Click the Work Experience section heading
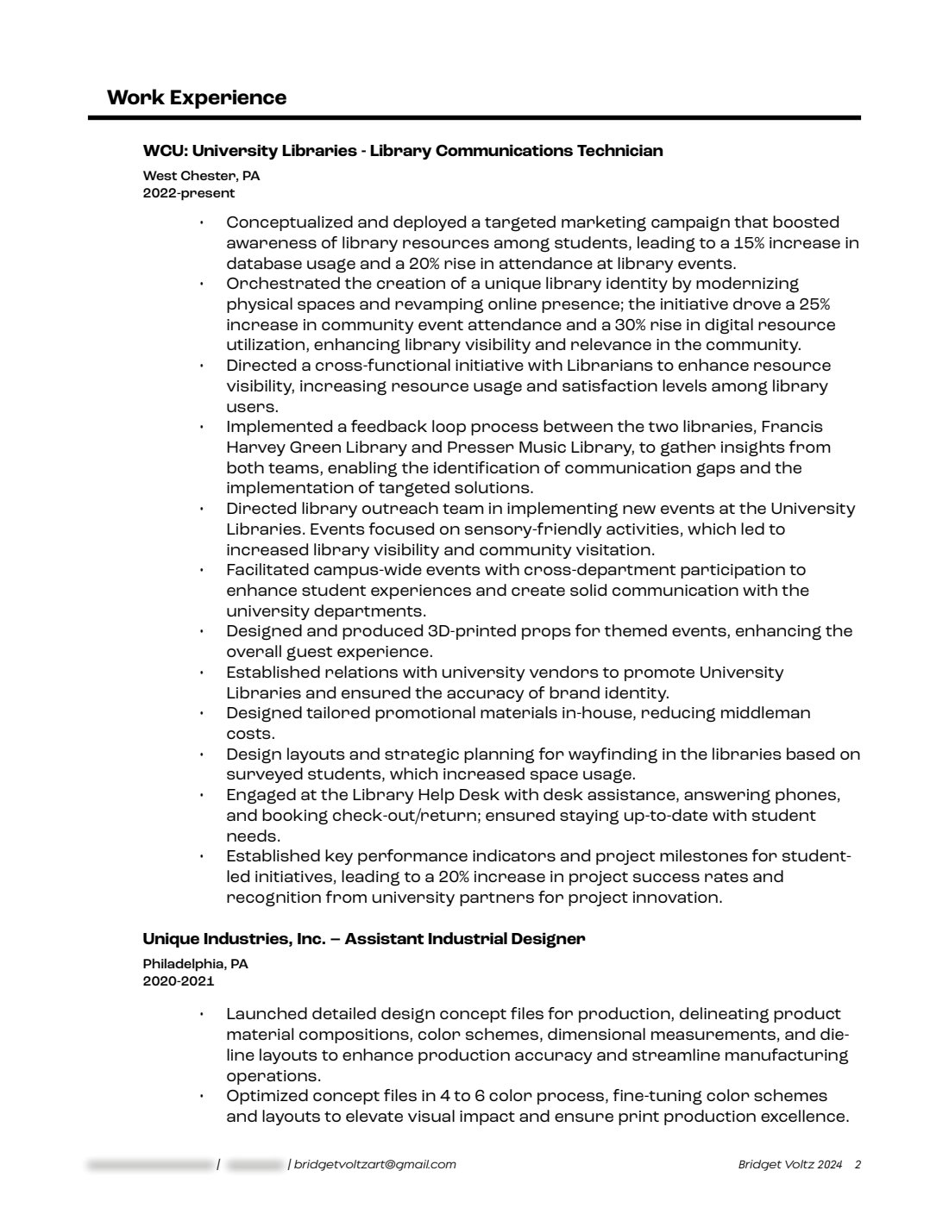(x=197, y=97)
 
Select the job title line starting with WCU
(x=403, y=151)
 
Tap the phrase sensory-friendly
(x=537, y=529)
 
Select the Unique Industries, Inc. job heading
(x=364, y=939)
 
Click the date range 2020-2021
(x=179, y=981)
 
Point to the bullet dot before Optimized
(x=201, y=1097)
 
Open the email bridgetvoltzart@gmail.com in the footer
(x=374, y=1165)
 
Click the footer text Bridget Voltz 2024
(x=789, y=1165)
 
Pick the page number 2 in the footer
(x=858, y=1165)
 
